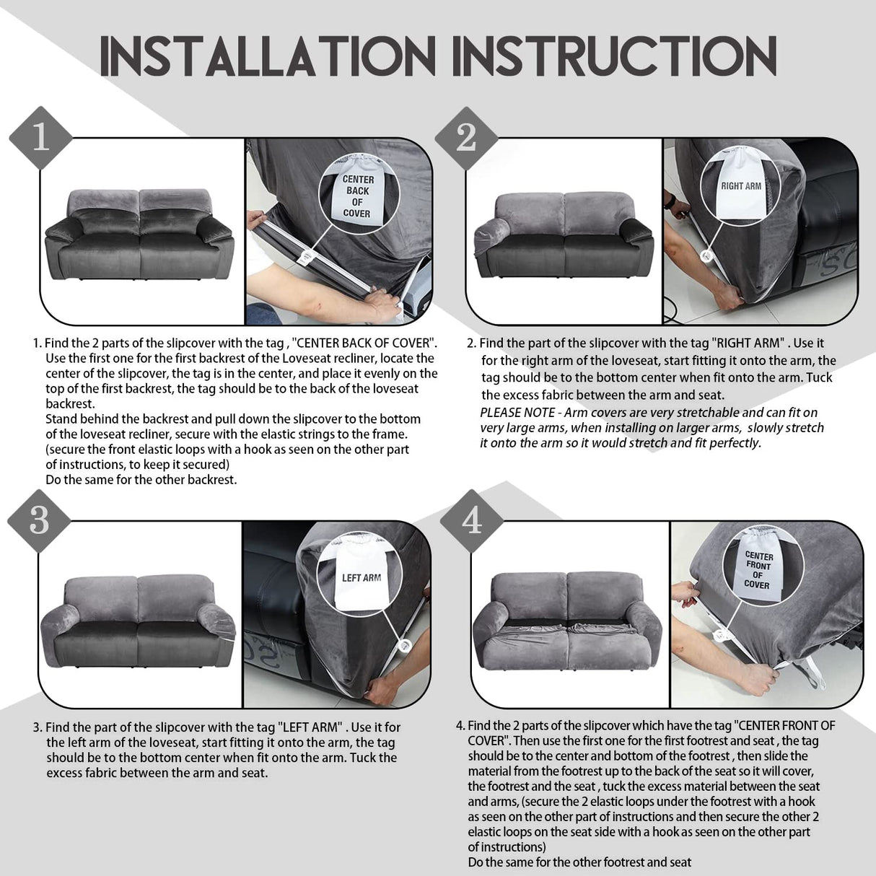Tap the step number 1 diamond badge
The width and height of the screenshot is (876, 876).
pos(40,137)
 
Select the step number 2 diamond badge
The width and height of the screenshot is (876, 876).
pos(466,136)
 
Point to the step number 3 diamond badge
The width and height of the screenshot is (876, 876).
pos(40,520)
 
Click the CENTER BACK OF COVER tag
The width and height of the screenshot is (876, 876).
pos(357,196)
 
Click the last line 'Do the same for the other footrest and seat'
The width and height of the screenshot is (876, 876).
pos(579,862)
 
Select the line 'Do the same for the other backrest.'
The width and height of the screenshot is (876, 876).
pos(141,479)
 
